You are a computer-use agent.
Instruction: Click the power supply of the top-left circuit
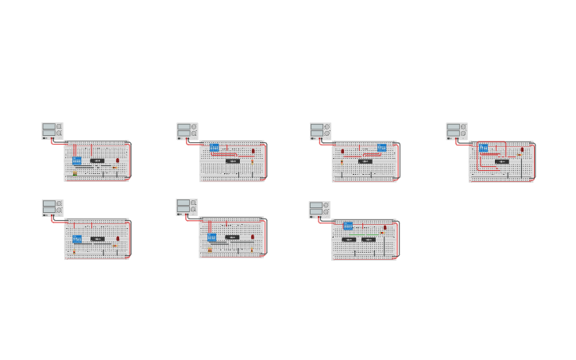click(52, 131)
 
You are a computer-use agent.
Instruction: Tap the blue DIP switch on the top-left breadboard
click(77, 161)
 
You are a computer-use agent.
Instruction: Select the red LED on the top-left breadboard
click(118, 161)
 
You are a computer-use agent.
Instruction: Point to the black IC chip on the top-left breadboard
click(97, 161)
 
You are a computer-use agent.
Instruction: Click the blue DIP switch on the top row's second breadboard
click(214, 148)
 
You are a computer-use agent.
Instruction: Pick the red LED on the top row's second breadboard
click(253, 150)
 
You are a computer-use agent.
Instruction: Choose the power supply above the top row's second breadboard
click(187, 131)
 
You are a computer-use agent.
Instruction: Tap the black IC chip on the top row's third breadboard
click(365, 161)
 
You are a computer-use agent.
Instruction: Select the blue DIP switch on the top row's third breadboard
click(382, 148)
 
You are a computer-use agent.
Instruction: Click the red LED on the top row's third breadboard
click(342, 150)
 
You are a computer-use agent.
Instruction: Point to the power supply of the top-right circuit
click(457, 131)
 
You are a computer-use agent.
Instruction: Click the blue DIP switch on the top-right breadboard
click(483, 148)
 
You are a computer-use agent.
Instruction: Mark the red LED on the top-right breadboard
click(522, 149)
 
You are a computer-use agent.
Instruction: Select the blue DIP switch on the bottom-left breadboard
click(77, 238)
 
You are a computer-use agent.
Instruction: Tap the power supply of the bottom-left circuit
click(52, 208)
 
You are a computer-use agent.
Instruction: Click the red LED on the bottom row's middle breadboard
click(253, 237)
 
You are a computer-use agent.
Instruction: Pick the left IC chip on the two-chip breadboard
click(349, 239)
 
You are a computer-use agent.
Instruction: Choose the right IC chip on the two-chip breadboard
click(369, 239)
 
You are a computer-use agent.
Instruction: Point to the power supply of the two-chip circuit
click(320, 209)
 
